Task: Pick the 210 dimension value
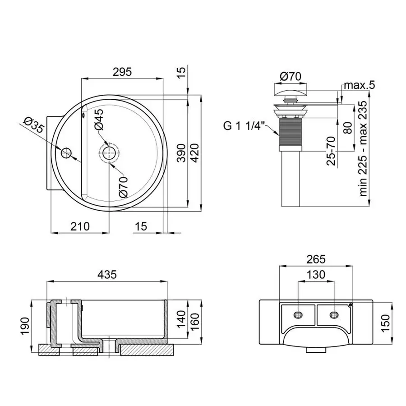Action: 80,226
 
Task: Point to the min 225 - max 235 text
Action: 364,147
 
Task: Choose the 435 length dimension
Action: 107,274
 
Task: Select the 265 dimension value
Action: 315,259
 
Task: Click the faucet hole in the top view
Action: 66,152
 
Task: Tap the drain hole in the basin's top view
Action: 109,152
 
